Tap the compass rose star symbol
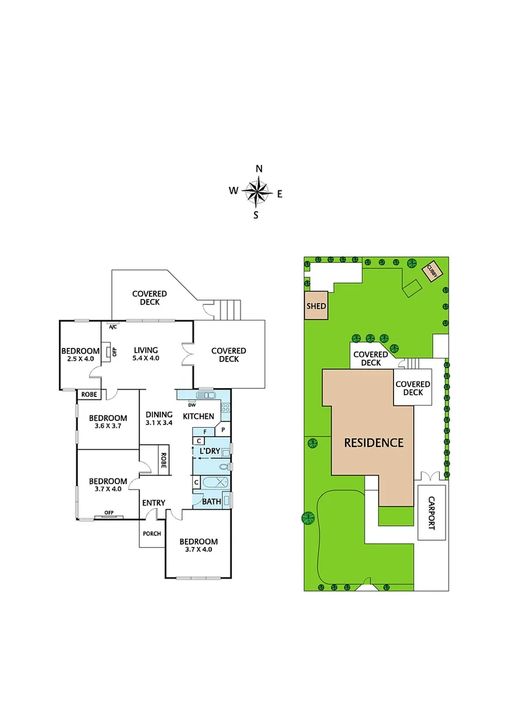click(256, 192)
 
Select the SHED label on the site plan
click(316, 306)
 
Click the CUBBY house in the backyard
click(432, 270)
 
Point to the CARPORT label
click(432, 513)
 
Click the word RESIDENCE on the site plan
click(373, 442)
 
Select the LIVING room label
click(145, 350)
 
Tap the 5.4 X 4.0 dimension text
click(145, 359)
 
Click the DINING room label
click(159, 414)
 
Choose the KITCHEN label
click(198, 416)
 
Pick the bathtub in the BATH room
click(213, 483)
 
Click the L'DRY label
click(209, 452)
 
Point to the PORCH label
click(151, 534)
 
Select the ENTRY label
click(153, 503)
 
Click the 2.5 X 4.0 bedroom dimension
click(80, 359)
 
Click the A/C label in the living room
click(113, 326)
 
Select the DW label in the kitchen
click(191, 404)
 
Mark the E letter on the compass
click(279, 194)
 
